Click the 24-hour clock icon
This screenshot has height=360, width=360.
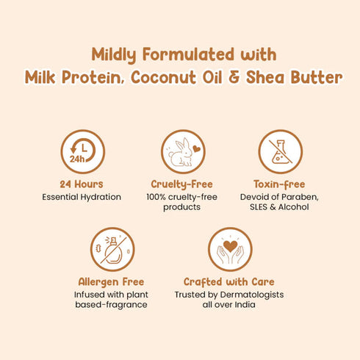click(82, 151)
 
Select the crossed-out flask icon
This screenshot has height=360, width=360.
click(278, 151)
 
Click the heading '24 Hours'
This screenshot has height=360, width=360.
click(82, 184)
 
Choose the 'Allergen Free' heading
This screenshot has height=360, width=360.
click(111, 282)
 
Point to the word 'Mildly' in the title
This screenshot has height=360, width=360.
click(116, 55)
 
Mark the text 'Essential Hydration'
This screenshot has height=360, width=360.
click(82, 197)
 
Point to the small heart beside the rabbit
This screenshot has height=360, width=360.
click(197, 148)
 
